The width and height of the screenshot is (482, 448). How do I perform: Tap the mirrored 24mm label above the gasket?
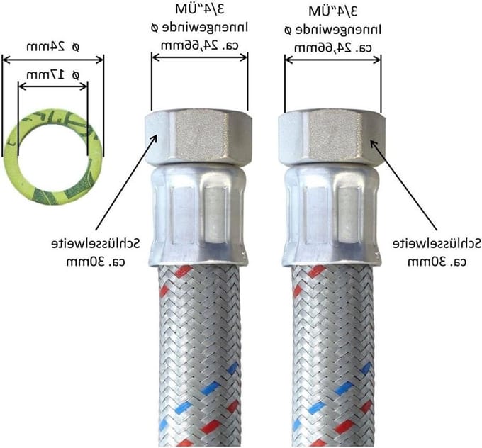tap(52, 47)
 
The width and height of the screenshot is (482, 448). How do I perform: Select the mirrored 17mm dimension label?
tap(52, 74)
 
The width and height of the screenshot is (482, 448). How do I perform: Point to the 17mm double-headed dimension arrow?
tap(53, 86)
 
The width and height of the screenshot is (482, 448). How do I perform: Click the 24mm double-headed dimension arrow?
tap(53, 60)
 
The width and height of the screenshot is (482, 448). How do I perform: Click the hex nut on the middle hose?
tap(198, 139)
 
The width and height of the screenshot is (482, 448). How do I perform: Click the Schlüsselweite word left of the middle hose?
tap(95, 244)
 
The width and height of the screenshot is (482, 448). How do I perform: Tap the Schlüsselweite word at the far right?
tap(437, 244)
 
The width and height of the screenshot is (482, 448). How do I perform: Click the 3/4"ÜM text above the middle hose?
tap(200, 9)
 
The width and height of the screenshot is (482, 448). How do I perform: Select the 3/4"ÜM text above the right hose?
tap(333, 11)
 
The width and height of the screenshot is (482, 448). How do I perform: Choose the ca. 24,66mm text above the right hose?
tap(333, 48)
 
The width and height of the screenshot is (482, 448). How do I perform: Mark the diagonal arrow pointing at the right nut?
tap(403, 185)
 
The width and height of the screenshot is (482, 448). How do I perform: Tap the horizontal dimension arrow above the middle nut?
tap(200, 57)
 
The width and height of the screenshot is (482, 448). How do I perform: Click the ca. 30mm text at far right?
tap(437, 262)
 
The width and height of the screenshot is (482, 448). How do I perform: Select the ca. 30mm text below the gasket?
tap(96, 262)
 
